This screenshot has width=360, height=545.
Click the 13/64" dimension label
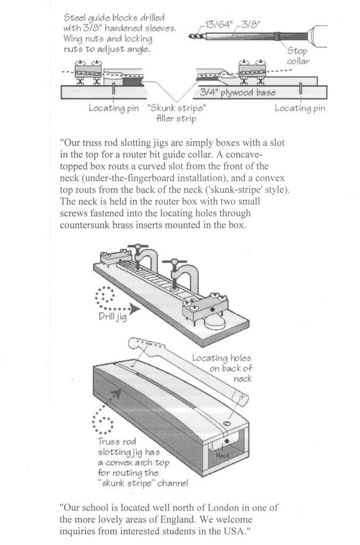[x=217, y=24]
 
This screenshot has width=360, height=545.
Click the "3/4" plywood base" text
[x=238, y=93]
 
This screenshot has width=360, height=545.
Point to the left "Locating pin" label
[x=114, y=108]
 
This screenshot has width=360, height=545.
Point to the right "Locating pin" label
[x=300, y=108]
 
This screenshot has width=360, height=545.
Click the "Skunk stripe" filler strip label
[x=176, y=113]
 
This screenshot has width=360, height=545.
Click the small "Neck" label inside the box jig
[x=223, y=456]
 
